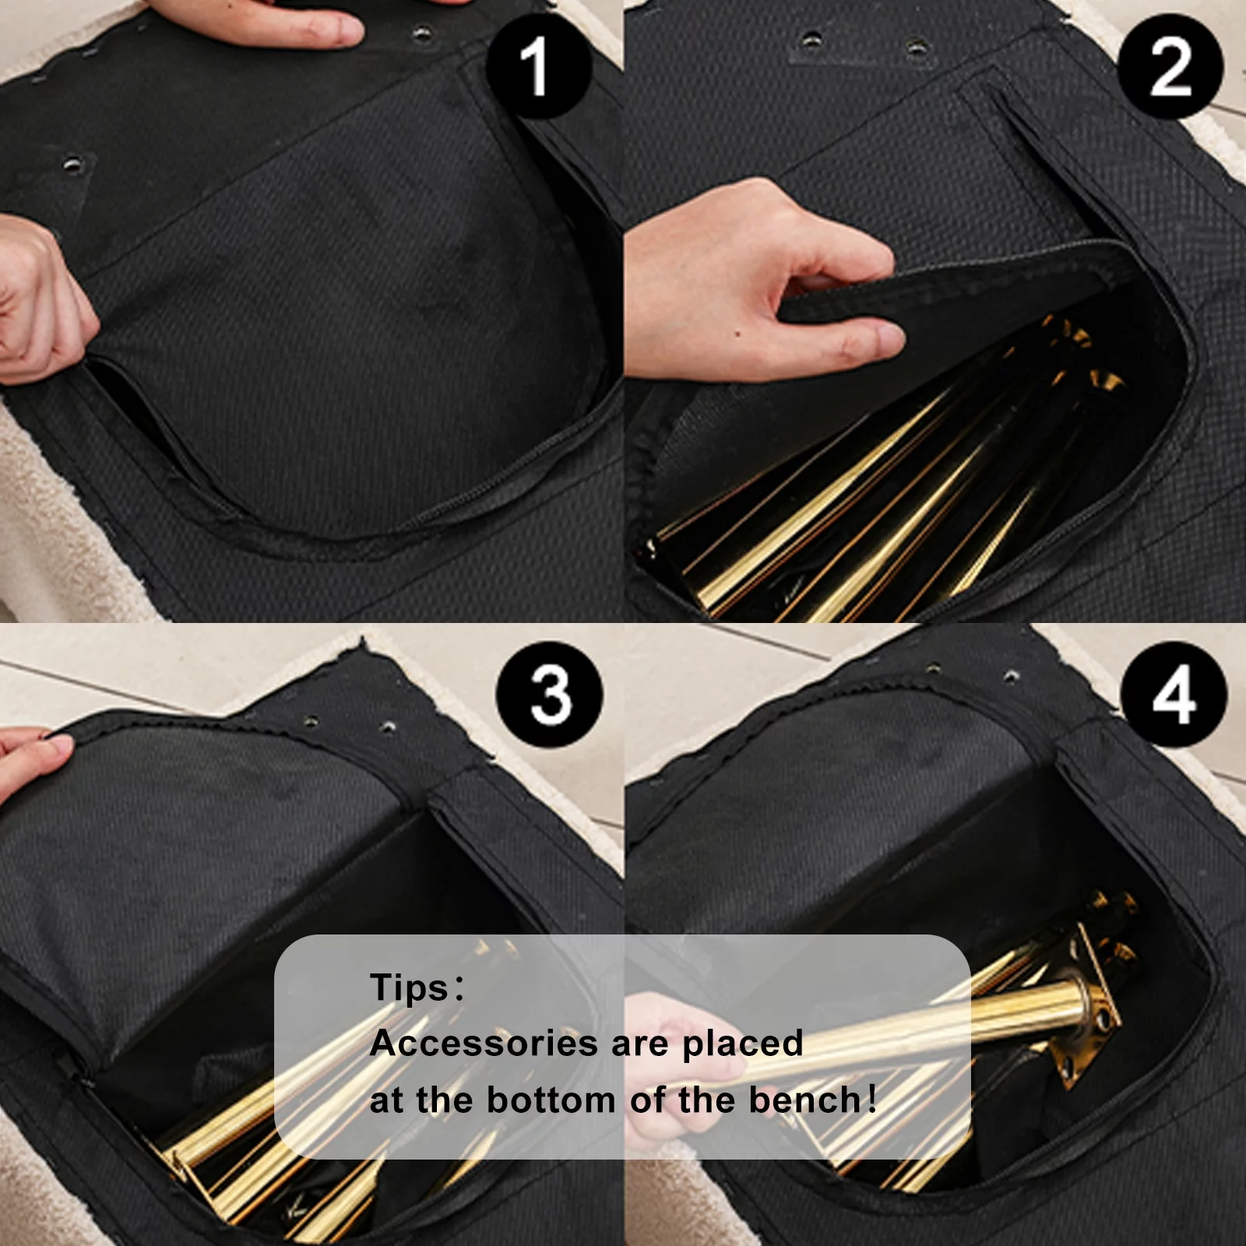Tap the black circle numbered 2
tap(1170, 65)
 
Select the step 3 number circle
tap(550, 695)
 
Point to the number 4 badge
tap(1174, 695)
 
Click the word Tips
tap(410, 987)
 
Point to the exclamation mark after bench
tap(871, 1100)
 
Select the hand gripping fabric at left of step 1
tap(39, 300)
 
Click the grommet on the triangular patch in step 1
tap(74, 164)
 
